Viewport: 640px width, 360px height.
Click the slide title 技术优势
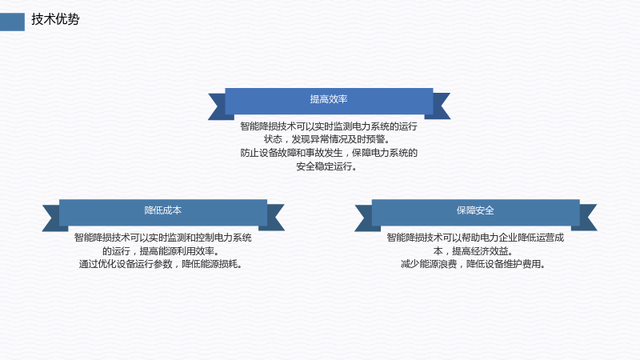[x=55, y=19]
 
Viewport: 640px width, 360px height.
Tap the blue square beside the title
[x=12, y=22]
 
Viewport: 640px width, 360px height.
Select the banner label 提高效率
[x=329, y=99]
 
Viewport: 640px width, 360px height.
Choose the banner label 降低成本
[x=163, y=210]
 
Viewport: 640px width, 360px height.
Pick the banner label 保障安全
[x=475, y=210]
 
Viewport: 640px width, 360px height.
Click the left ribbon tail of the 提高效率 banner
[x=217, y=106]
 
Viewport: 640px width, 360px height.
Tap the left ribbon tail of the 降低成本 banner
[x=51, y=218]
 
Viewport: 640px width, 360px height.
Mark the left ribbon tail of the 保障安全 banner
[x=364, y=218]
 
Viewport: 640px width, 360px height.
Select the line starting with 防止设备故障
[x=329, y=153]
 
